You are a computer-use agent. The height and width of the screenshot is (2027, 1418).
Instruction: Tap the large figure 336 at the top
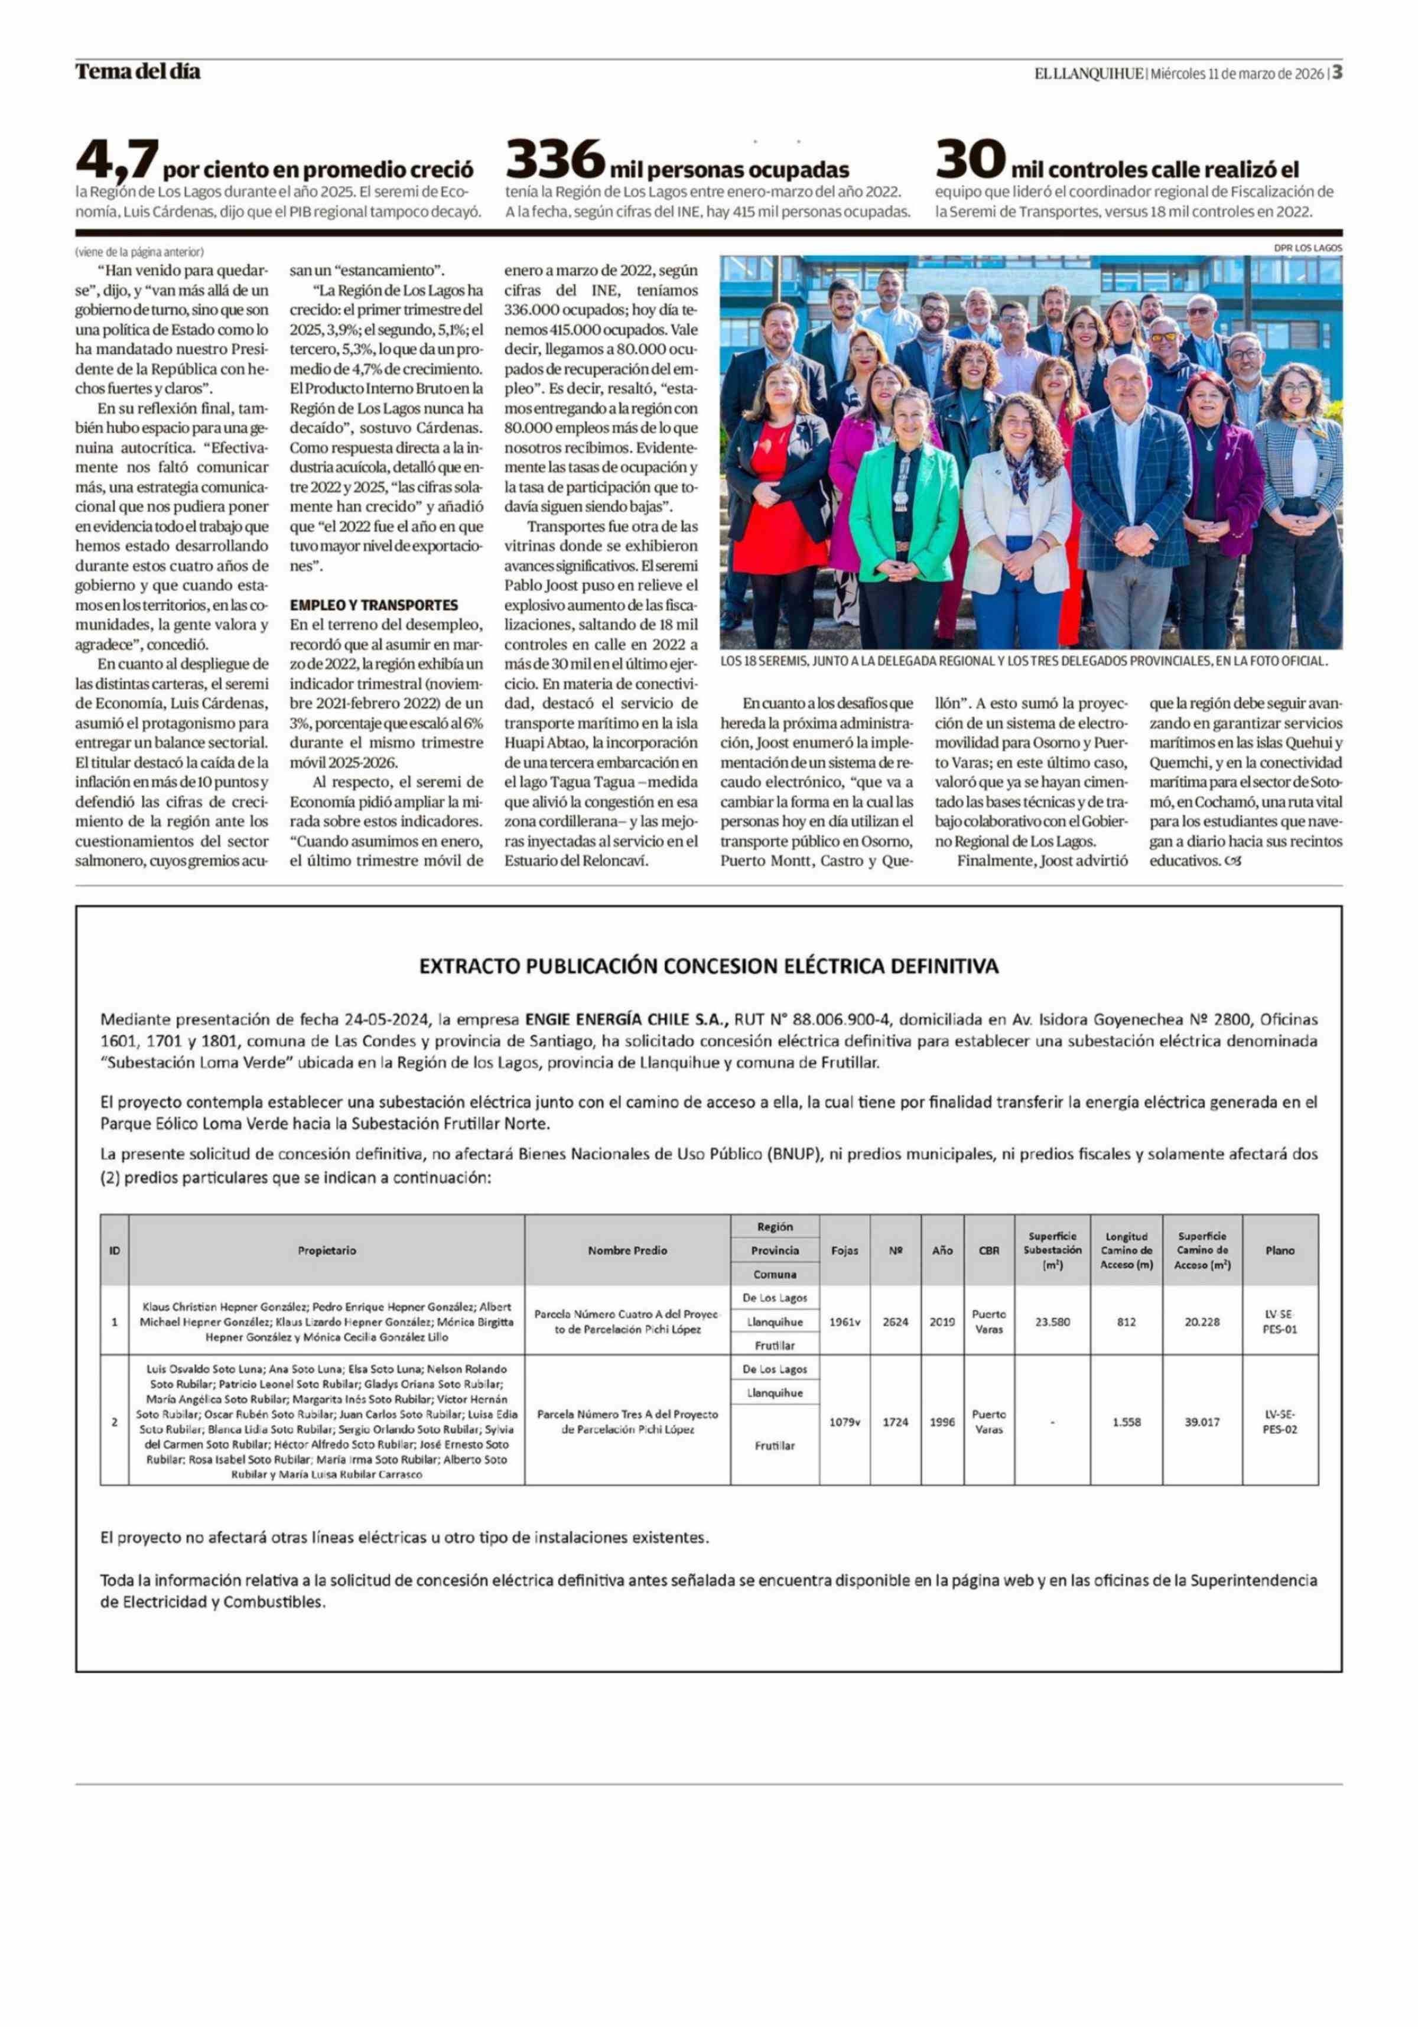coord(555,159)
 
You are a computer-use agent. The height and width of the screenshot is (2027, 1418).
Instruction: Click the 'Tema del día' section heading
coord(138,72)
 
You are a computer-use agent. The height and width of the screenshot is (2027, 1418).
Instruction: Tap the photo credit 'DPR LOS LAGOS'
coord(1308,248)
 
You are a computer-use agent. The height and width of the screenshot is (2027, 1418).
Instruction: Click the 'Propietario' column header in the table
coord(327,1250)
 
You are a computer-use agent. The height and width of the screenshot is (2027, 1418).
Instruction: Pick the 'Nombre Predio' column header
coord(627,1250)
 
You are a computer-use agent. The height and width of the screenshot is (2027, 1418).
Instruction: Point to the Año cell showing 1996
coord(942,1422)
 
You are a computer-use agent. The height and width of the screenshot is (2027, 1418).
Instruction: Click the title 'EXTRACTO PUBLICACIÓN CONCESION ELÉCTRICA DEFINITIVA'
coord(708,967)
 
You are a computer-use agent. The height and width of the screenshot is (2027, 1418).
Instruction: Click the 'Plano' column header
coord(1280,1250)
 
